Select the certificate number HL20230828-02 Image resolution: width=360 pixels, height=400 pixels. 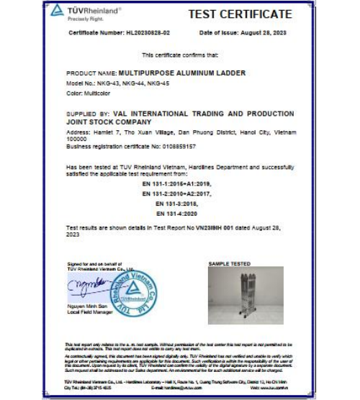[x=147, y=33]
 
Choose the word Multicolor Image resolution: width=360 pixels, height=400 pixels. [x=95, y=92]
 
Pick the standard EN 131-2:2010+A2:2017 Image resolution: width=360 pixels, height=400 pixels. [x=176, y=194]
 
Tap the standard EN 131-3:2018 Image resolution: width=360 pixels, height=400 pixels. [x=176, y=204]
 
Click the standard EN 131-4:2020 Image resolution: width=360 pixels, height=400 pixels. [x=176, y=213]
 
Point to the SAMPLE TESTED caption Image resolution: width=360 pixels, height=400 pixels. [x=229, y=264]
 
